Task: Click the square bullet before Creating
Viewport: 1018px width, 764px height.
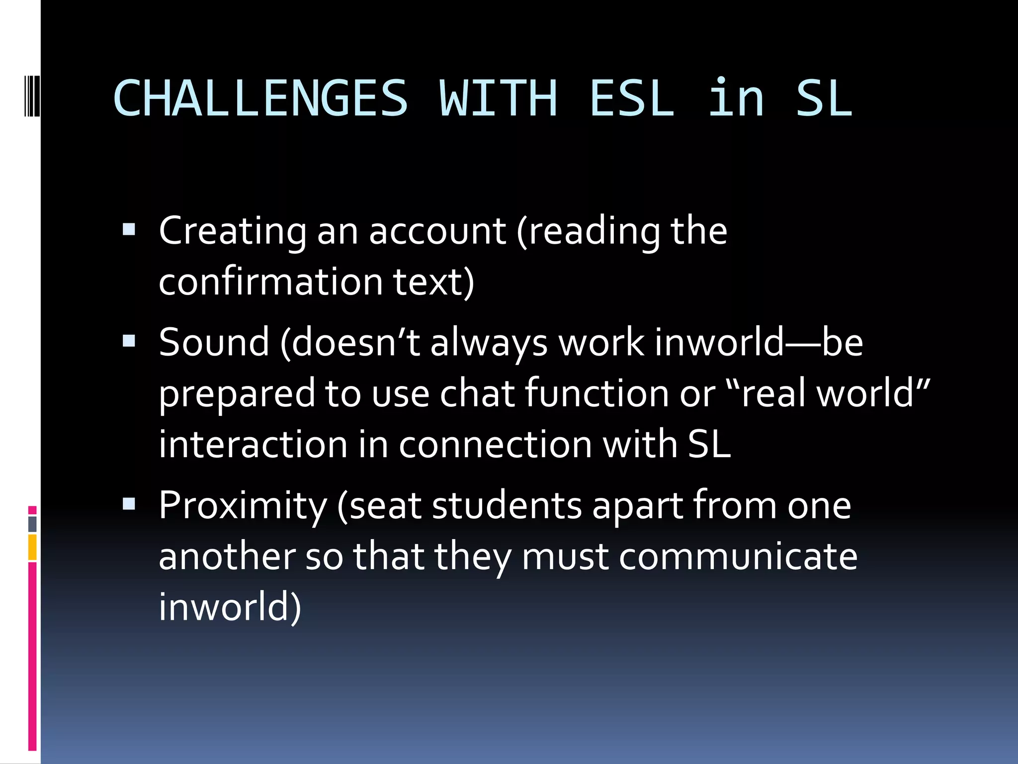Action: click(x=129, y=229)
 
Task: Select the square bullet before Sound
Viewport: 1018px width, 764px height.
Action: click(x=129, y=341)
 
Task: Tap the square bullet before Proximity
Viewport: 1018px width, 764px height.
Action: click(x=129, y=504)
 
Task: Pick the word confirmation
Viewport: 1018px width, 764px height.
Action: click(x=271, y=282)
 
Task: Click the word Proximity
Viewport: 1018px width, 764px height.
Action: click(x=243, y=506)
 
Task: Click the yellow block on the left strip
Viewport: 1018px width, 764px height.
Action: click(x=32, y=547)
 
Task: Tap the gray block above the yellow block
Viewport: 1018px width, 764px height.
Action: click(x=32, y=524)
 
